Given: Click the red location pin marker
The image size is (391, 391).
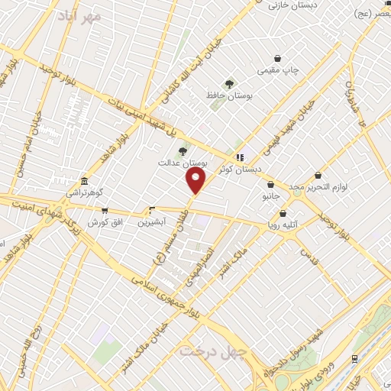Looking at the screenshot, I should pos(196,180).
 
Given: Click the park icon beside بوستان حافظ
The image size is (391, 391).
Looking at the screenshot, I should pos(230,83).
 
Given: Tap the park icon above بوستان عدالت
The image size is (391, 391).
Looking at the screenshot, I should pos(182,150).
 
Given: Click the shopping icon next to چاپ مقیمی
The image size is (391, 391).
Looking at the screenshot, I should pos(276,59).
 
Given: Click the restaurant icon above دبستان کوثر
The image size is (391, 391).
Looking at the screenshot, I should pos(241,157).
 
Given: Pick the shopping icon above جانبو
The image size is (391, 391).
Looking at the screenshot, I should pos(271,184).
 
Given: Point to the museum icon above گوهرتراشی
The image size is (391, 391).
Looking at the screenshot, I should pos(83,183).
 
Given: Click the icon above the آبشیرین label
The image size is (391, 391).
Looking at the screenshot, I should pos(150,209).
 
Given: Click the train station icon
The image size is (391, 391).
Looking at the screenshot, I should pos(355,358).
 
